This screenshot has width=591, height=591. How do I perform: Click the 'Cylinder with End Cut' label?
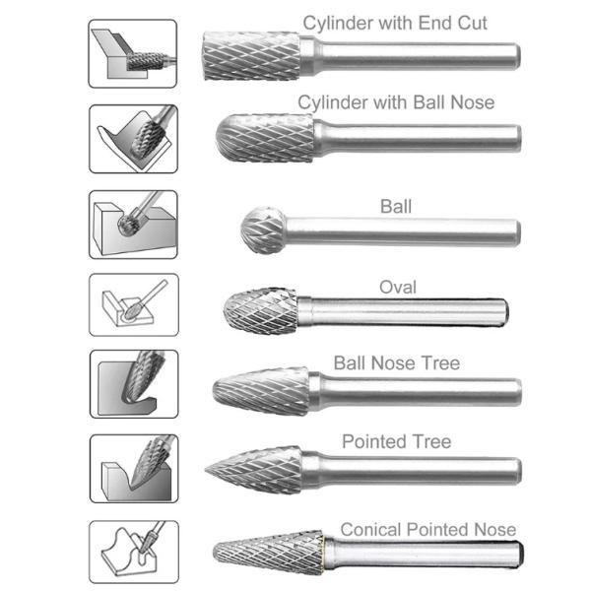pos(395,22)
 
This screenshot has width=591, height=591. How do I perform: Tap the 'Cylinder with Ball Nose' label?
pos(396,102)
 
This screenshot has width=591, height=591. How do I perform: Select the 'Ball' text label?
pos(395,207)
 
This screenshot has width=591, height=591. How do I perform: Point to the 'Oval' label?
pos(397,288)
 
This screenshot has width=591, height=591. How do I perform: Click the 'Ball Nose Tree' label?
pos(396,363)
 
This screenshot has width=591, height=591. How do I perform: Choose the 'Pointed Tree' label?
pos(396,441)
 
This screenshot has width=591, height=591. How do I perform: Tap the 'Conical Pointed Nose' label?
pos(427,530)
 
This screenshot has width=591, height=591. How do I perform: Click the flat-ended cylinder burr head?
pos(251,56)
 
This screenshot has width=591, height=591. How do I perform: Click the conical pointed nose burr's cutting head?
pos(266,558)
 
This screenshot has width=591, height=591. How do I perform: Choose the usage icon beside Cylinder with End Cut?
pos(133,54)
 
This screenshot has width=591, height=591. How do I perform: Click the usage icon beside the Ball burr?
pos(133,224)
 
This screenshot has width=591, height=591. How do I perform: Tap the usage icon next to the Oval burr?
pos(133,305)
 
